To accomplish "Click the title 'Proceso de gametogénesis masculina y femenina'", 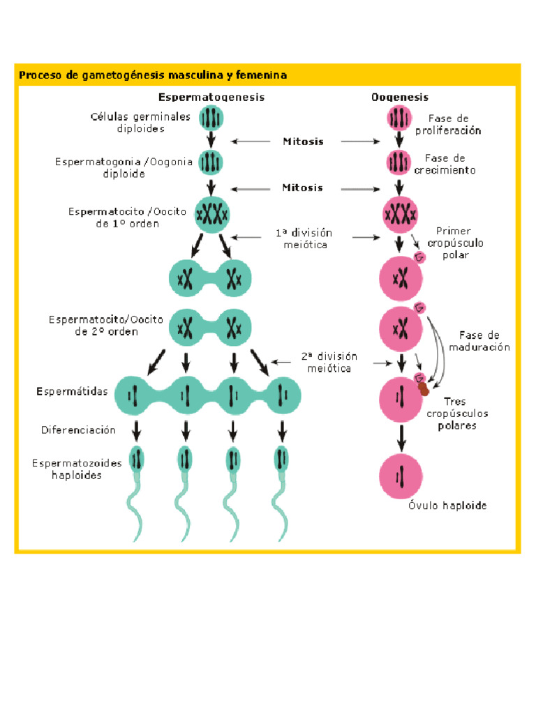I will [x=152, y=75].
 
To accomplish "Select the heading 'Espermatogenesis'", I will [x=211, y=98].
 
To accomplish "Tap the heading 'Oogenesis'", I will [x=399, y=98].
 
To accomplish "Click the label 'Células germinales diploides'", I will [x=140, y=123].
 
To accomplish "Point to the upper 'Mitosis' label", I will [x=303, y=142].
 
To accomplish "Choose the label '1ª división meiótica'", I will [x=303, y=238].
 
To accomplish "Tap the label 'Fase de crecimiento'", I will [x=450, y=164].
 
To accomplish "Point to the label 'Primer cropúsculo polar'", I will [x=459, y=243].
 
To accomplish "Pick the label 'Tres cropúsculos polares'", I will [x=457, y=413].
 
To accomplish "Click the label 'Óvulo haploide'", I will [x=447, y=506].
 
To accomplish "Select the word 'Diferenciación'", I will [x=78, y=430].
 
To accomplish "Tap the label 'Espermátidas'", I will [x=72, y=392].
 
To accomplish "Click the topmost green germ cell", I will [x=211, y=118].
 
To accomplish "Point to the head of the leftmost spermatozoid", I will [x=137, y=459].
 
